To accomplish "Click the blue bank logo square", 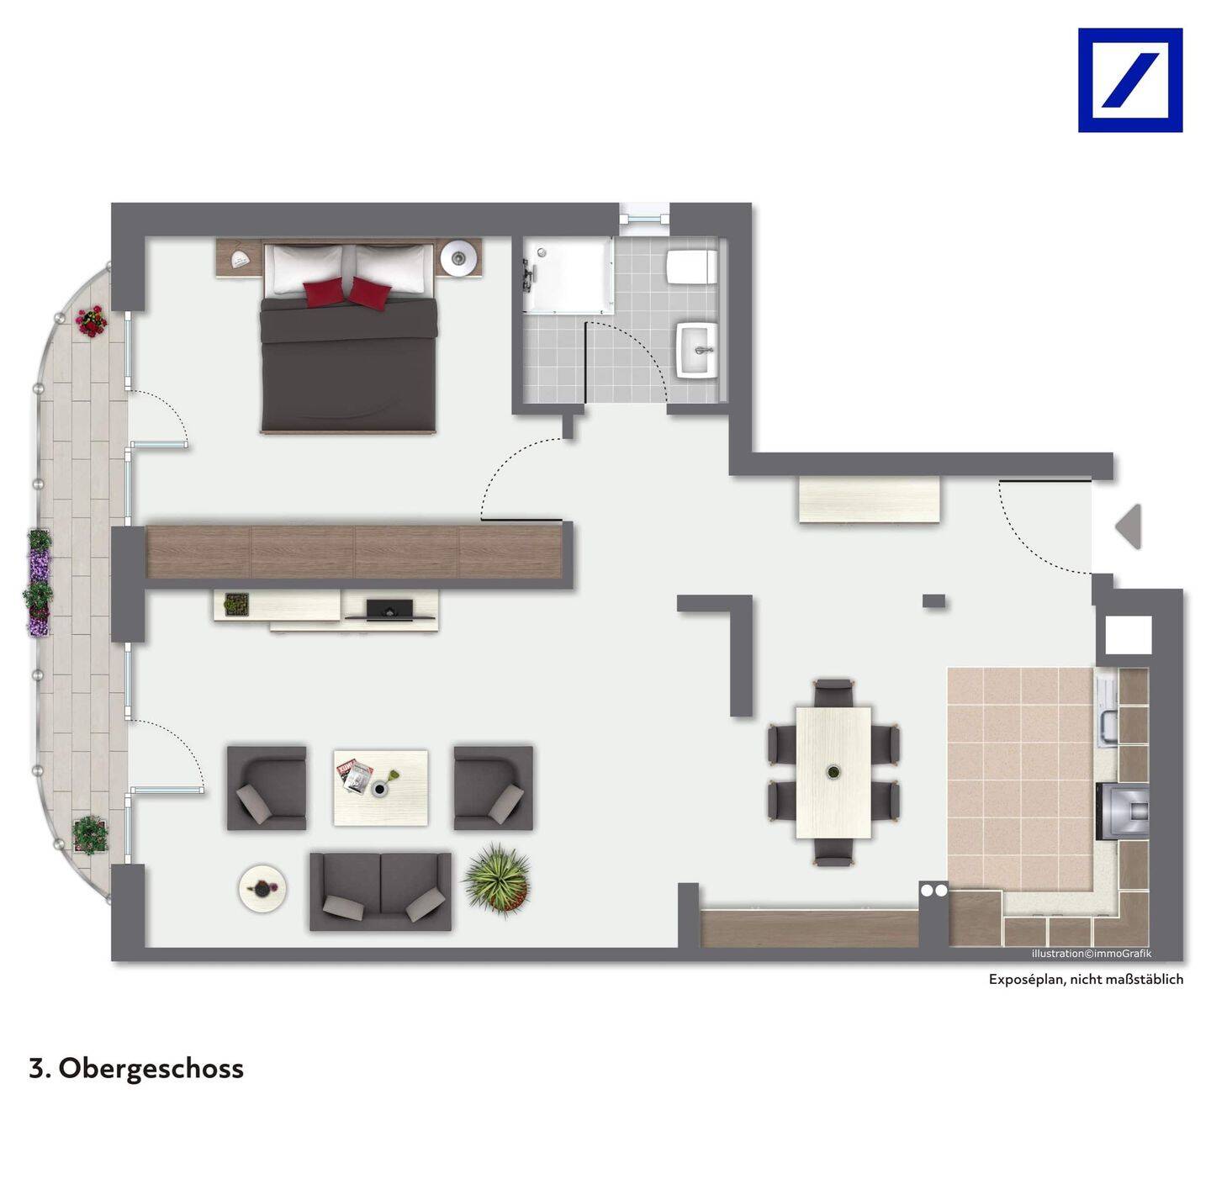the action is (x=1130, y=80).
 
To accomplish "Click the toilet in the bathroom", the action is (x=691, y=267).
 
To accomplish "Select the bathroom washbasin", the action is (x=697, y=350).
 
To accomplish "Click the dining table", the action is (x=833, y=773).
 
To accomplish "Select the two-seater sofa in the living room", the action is (x=380, y=891).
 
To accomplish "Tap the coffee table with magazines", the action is (x=381, y=787).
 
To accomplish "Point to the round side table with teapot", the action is (x=262, y=887).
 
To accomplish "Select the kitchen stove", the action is (x=1123, y=811).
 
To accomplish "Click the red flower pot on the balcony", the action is (x=92, y=321).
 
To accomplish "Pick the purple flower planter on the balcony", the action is (x=39, y=582).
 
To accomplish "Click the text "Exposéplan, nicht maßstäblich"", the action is (x=1086, y=980).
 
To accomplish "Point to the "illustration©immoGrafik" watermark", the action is (x=1092, y=954).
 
